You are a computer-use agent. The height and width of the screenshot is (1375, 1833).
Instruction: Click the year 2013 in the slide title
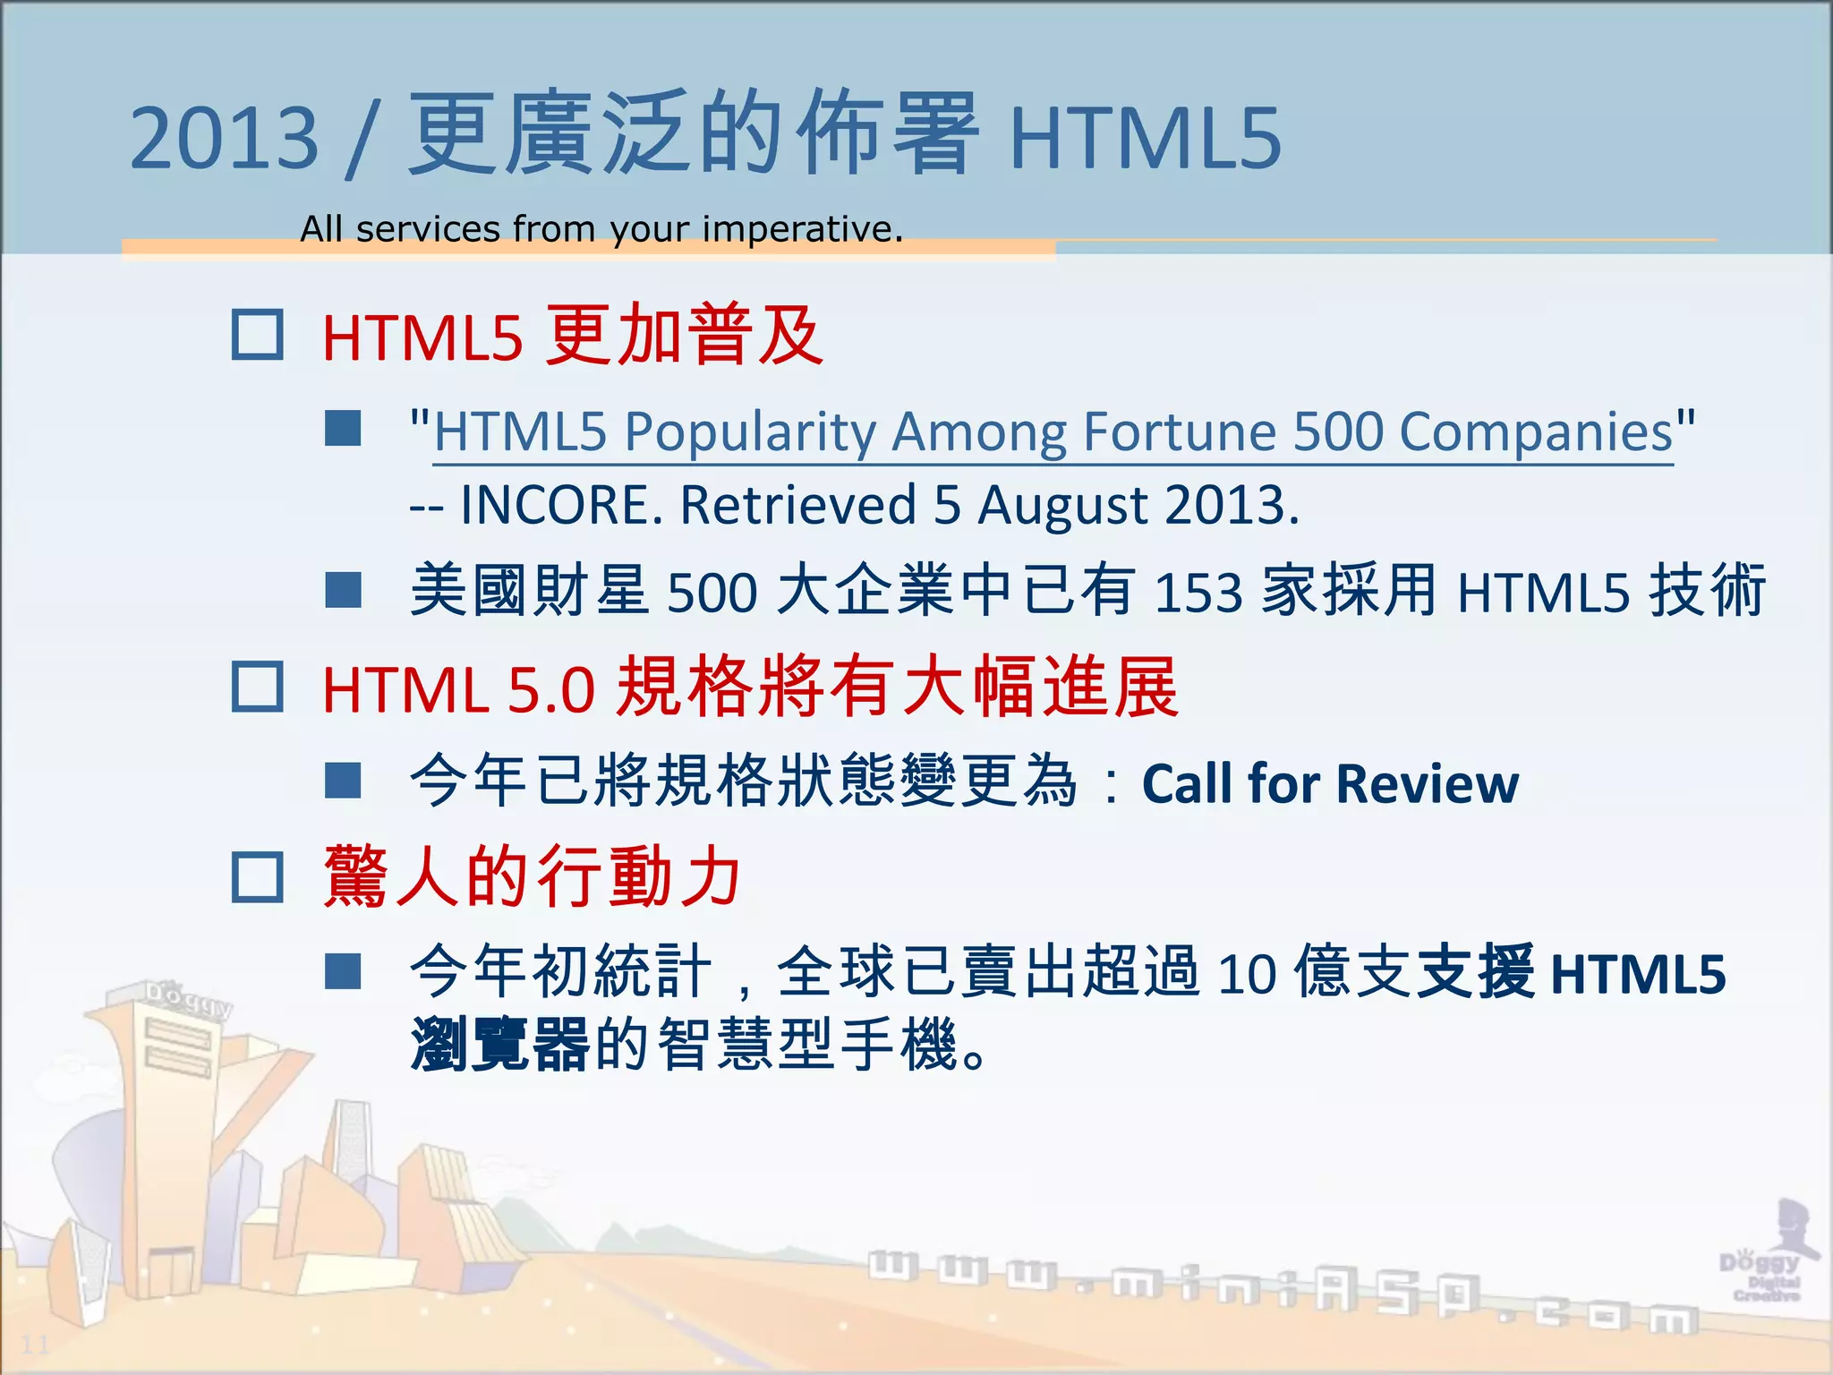coord(224,139)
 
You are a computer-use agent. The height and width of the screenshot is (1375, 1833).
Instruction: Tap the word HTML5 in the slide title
coord(1146,139)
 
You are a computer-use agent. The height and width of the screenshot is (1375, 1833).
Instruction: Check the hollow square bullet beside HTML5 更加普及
coord(258,335)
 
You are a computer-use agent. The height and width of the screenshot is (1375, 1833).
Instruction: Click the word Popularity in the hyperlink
coord(749,433)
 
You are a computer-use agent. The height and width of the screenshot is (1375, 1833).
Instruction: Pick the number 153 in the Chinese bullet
coord(1198,593)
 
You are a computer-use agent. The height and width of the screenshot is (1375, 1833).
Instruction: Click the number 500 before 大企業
coord(712,593)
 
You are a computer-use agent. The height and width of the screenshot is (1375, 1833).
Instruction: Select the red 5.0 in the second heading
coord(551,690)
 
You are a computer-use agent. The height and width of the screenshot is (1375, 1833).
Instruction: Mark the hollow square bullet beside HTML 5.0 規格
coord(258,687)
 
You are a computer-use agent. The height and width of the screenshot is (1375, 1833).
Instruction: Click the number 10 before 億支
coord(1246,973)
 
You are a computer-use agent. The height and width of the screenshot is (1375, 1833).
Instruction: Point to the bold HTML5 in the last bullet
coord(1638,974)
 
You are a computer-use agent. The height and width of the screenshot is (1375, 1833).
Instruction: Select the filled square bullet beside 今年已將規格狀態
coord(343,781)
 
